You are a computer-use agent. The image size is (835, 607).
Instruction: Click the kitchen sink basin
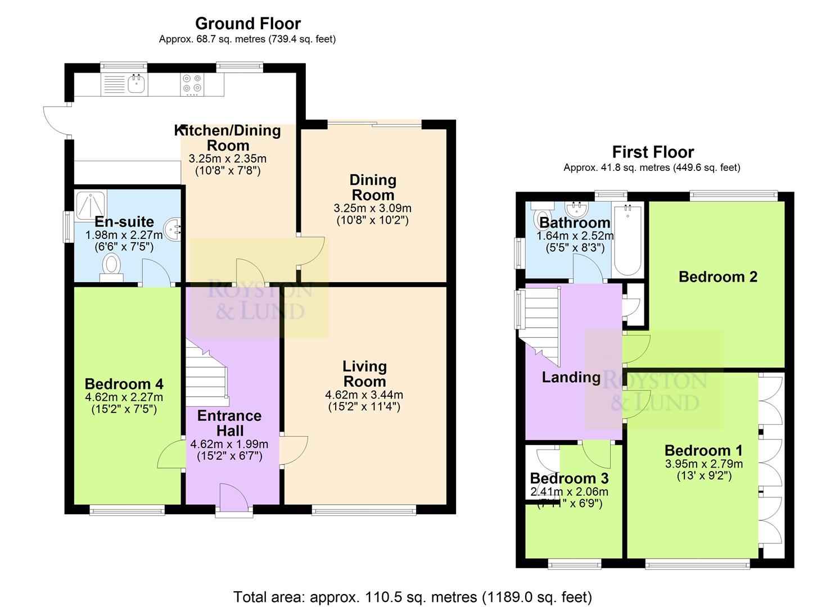[137, 84]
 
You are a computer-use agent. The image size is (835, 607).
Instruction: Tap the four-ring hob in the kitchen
[192, 84]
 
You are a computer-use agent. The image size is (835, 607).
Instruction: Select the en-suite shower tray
[91, 205]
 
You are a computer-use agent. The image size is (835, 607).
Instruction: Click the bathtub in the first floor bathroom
[628, 239]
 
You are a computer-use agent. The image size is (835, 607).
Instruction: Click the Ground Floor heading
[248, 24]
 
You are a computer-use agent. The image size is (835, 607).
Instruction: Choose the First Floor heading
[653, 152]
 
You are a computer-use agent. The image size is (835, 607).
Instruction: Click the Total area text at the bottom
[412, 597]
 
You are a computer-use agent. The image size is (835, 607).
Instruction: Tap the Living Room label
[364, 374]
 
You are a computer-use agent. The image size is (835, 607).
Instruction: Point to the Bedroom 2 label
[718, 277]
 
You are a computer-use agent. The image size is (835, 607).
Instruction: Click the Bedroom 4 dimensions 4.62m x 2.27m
[124, 397]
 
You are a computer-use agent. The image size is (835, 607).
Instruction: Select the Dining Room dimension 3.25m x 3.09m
[372, 209]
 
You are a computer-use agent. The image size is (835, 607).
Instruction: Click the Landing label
[571, 378]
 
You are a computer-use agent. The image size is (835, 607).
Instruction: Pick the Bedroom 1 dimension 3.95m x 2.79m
[704, 464]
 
